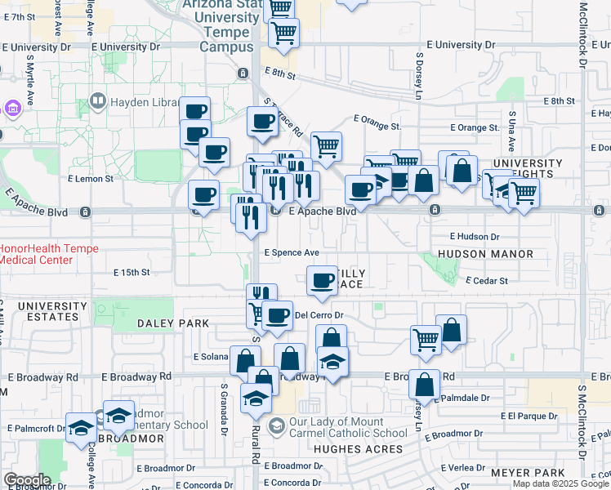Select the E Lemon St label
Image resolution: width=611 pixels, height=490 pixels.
[x=88, y=177]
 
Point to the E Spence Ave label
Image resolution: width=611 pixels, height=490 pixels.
[x=291, y=252]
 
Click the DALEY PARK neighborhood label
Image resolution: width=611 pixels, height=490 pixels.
[x=173, y=323]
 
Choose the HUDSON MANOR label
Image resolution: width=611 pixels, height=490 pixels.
[x=485, y=254]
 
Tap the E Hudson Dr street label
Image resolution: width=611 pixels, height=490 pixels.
[x=474, y=237]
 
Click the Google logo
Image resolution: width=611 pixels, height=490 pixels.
[x=27, y=480]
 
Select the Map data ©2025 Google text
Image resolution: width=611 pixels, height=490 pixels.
[x=560, y=483]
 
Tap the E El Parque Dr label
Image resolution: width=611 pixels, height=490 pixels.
[x=520, y=416]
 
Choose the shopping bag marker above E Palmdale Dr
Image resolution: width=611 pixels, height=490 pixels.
[x=425, y=383]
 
